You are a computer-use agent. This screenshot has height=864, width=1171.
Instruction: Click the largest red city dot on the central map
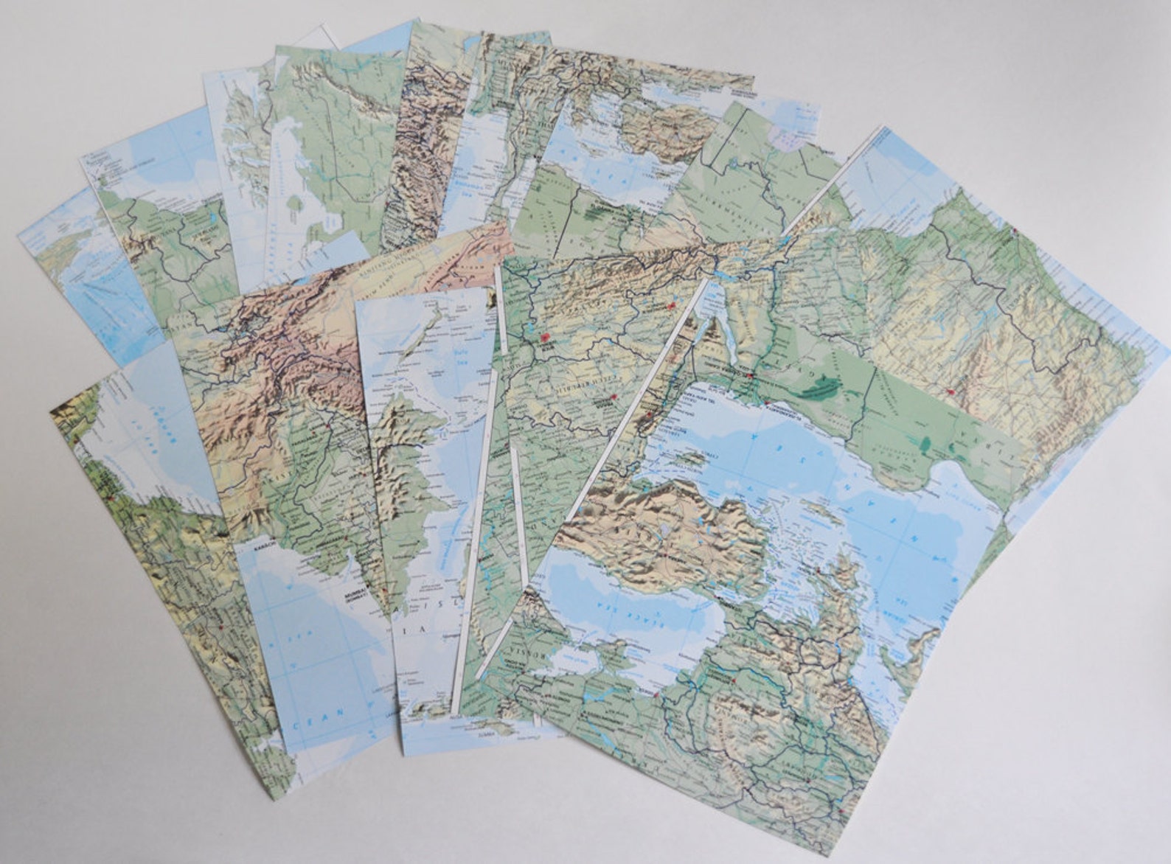coord(546,338)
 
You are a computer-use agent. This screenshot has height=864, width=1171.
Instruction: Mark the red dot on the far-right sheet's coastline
coord(1015,231)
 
